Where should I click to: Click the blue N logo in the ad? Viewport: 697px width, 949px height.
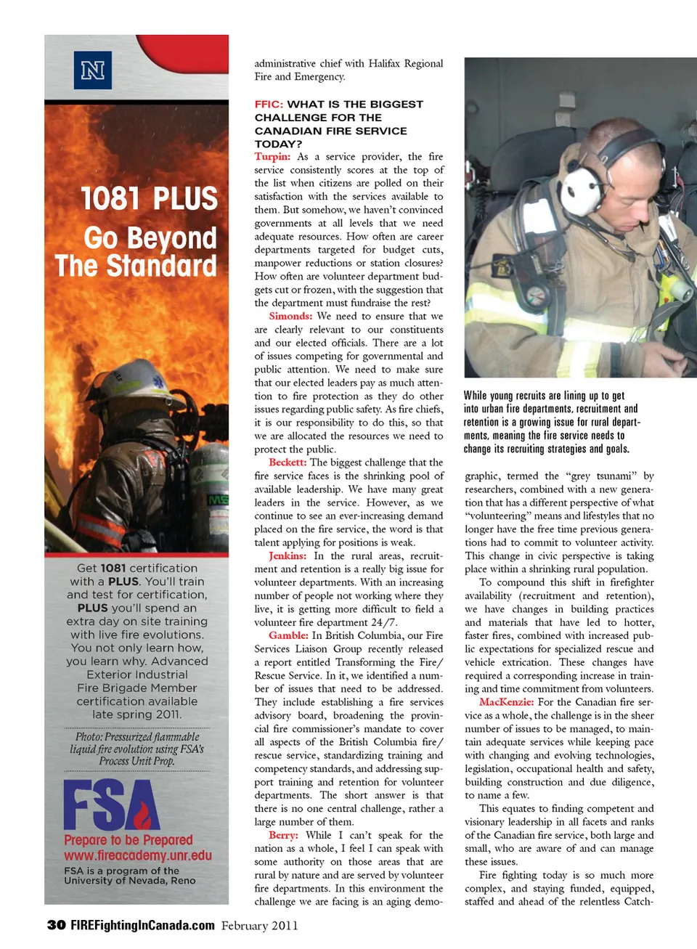93,70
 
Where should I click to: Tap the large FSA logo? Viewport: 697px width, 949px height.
111,805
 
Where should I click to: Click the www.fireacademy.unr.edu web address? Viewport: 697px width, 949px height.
138,855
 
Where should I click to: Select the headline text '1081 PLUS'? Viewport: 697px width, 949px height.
149,199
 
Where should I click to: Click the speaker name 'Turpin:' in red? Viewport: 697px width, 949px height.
272,157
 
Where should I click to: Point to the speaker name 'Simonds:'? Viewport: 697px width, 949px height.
290,317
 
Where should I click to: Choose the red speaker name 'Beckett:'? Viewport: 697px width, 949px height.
288,463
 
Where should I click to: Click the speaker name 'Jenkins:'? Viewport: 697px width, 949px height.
288,556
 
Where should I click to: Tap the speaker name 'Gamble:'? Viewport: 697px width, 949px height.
288,636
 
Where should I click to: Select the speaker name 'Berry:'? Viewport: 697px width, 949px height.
283,836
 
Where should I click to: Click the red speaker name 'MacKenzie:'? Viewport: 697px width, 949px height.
506,702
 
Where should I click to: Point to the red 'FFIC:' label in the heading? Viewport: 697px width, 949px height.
269,105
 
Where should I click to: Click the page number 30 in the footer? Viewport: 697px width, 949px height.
56,925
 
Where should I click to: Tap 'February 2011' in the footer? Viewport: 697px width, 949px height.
259,926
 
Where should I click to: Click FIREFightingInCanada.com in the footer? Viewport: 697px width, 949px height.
142,925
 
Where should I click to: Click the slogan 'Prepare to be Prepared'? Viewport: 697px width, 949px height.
129,840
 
